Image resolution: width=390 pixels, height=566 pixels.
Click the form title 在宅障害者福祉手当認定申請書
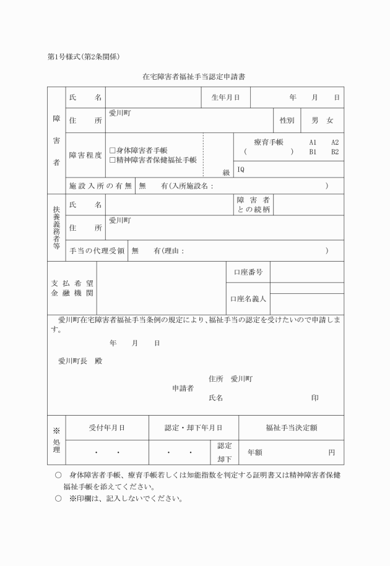(x=195, y=77)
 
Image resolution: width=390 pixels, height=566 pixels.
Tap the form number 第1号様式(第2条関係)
(x=83, y=57)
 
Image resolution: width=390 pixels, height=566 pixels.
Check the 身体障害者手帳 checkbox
(x=112, y=150)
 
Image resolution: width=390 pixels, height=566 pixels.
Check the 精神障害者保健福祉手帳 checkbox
(x=112, y=160)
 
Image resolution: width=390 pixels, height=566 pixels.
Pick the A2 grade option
(x=334, y=142)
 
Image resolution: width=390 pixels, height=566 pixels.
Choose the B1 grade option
(x=313, y=151)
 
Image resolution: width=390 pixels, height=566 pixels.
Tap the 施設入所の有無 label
(x=100, y=186)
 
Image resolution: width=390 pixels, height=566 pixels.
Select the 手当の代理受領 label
(x=97, y=251)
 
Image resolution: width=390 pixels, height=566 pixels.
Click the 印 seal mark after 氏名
(x=315, y=398)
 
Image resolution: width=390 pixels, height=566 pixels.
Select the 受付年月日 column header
(x=106, y=427)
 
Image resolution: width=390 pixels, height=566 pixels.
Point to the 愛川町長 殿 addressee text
(x=80, y=361)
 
